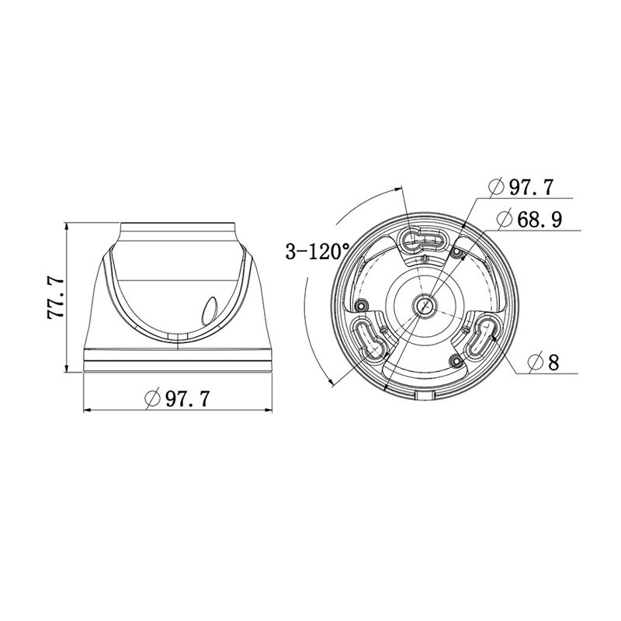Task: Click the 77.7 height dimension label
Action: pyautogui.click(x=55, y=298)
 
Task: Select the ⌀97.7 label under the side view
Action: pyautogui.click(x=177, y=398)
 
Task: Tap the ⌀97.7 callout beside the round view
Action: pyautogui.click(x=520, y=187)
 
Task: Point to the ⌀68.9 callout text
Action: pyautogui.click(x=529, y=219)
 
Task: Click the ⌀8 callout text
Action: pyautogui.click(x=543, y=362)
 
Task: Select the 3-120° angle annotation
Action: pyautogui.click(x=318, y=252)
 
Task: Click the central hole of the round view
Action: pyautogui.click(x=425, y=306)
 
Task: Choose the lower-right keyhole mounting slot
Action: pyautogui.click(x=481, y=337)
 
